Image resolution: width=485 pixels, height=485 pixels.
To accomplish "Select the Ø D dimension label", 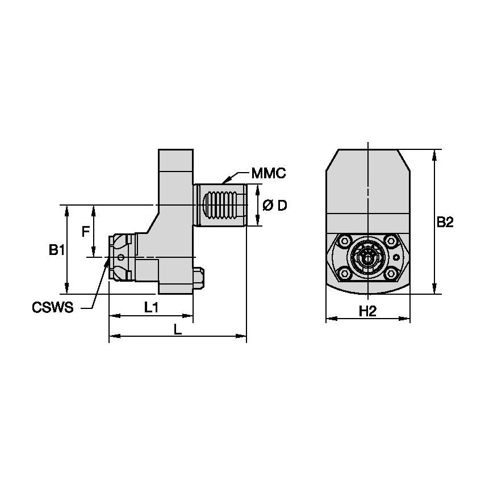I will click(x=274, y=205).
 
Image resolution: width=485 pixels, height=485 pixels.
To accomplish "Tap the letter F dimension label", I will click(x=85, y=232).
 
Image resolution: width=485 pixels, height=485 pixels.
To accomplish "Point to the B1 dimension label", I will click(x=55, y=250).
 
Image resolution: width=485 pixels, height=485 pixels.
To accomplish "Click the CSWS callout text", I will click(x=53, y=308).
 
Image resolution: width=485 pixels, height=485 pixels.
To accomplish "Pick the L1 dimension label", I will click(x=150, y=308).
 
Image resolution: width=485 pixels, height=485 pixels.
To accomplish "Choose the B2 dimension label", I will click(x=445, y=223).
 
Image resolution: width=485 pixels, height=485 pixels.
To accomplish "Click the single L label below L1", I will click(x=177, y=330).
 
